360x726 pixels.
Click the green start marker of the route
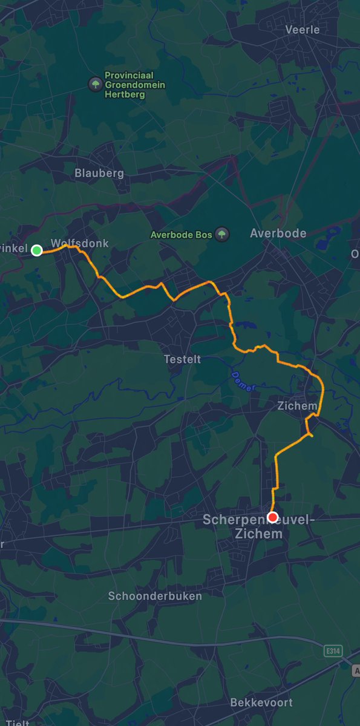pos(36,250)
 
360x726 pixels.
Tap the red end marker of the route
pos(272,517)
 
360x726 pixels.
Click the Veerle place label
pos(302,30)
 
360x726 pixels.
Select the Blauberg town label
pos(99,173)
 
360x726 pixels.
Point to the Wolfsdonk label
pos(80,243)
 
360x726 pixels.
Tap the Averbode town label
pos(278,233)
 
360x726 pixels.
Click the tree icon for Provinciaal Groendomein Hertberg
pos(95,84)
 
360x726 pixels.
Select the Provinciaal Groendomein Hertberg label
pos(134,85)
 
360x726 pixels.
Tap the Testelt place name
pos(182,359)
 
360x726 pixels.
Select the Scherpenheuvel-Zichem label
pos(243,526)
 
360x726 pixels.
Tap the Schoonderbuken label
pos(155,596)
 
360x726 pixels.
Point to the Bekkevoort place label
pos(261,702)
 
